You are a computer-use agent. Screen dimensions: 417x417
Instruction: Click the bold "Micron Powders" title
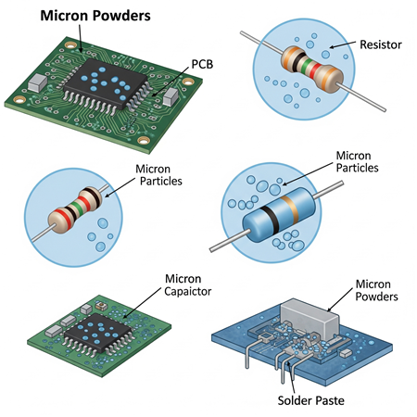click(95, 16)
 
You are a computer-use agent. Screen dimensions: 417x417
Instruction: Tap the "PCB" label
click(202, 64)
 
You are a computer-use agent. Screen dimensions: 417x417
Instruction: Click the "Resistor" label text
click(381, 44)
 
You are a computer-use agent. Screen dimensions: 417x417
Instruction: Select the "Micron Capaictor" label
click(187, 285)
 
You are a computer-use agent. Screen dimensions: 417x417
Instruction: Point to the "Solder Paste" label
click(310, 400)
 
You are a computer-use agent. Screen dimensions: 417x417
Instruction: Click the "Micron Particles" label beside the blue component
click(357, 161)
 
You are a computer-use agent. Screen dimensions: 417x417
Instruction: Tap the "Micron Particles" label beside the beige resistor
click(158, 175)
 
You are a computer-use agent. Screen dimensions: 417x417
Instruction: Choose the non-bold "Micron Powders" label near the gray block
click(376, 290)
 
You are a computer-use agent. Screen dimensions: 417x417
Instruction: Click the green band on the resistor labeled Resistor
click(307, 65)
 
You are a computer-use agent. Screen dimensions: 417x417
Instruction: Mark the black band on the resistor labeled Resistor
click(297, 60)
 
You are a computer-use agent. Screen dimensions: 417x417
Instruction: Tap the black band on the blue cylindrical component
click(270, 220)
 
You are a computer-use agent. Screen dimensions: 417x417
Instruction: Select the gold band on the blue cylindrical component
click(290, 210)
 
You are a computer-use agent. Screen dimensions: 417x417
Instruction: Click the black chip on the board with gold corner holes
click(105, 84)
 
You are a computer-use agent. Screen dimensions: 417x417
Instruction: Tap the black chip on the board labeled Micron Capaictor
click(97, 334)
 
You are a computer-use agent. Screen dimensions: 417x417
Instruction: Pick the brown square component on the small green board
click(101, 306)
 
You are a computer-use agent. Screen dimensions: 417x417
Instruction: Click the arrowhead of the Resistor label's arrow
click(332, 47)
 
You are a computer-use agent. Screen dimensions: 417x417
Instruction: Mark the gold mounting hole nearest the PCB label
click(188, 82)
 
